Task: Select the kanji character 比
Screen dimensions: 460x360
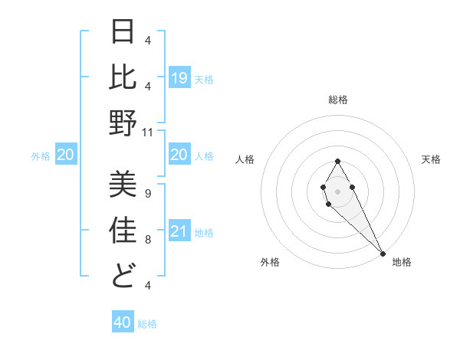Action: tap(123, 77)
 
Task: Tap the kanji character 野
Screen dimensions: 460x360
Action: tap(123, 123)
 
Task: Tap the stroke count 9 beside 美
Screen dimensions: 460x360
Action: tap(147, 193)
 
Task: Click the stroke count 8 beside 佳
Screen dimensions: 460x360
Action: tap(147, 239)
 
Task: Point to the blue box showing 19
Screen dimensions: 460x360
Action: tap(179, 78)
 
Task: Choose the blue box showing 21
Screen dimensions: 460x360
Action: tap(179, 231)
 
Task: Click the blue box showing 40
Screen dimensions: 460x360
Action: tap(123, 322)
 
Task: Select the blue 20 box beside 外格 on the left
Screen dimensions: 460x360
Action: tap(66, 155)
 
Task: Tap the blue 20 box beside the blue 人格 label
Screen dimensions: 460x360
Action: tap(179, 155)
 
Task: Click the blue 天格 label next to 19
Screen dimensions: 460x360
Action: tap(204, 79)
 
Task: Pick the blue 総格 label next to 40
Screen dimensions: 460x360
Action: tap(147, 323)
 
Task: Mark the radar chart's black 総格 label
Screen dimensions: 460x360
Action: tap(338, 100)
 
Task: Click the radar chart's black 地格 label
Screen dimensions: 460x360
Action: tap(402, 262)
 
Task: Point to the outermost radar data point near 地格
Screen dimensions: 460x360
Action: tap(383, 253)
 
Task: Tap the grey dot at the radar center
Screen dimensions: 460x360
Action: tap(338, 191)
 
